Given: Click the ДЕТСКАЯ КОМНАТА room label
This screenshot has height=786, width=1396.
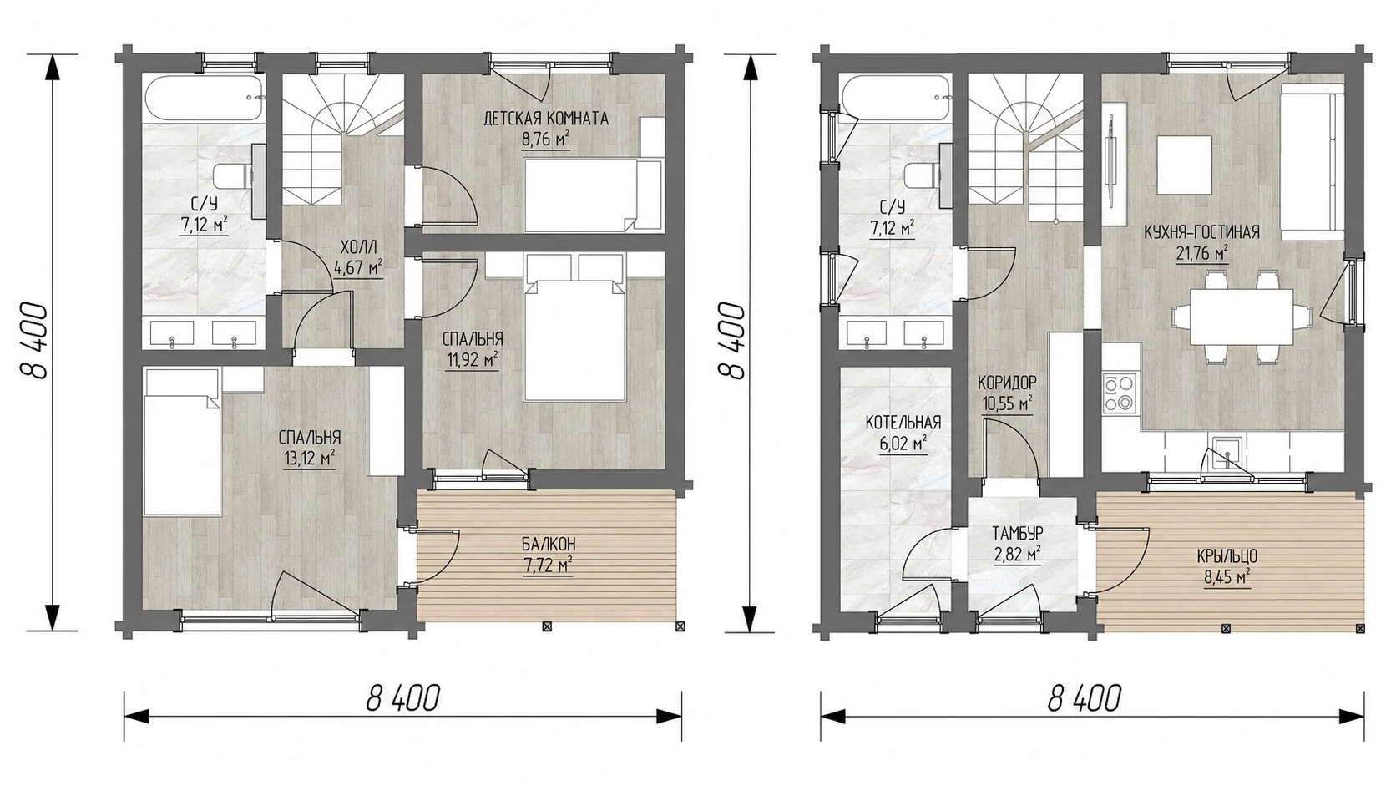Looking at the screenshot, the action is coord(546,119).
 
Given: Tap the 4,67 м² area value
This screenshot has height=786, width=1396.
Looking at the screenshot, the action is coord(358,269).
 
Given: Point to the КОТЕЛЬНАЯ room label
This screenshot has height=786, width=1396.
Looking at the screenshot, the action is coord(903,423).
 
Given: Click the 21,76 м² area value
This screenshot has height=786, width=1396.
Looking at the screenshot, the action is coord(1202,254).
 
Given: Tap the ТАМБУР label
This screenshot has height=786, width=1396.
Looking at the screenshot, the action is coord(1018,534).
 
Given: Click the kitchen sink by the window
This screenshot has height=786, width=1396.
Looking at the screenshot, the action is coord(1227,452).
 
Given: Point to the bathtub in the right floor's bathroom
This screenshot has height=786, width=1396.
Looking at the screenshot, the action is coord(896,99).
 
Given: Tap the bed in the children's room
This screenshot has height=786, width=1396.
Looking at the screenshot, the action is coord(592,195).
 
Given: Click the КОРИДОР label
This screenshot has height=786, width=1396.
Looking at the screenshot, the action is coord(1007,382).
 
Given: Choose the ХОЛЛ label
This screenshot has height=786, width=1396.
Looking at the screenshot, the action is coord(358,247).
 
